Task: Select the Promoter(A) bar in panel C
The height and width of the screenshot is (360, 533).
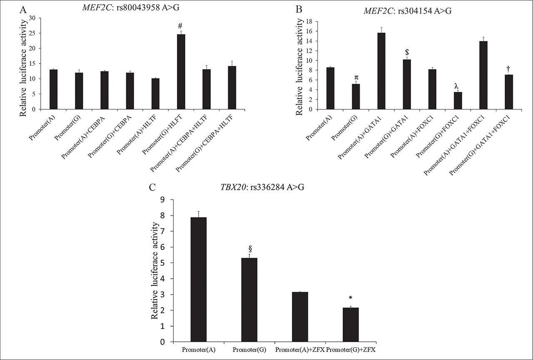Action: [x=198, y=279]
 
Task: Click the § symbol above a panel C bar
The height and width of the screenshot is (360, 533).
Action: [x=250, y=249]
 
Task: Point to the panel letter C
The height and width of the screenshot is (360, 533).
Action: [x=153, y=187]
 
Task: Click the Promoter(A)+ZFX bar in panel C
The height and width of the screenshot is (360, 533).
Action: [x=300, y=317]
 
